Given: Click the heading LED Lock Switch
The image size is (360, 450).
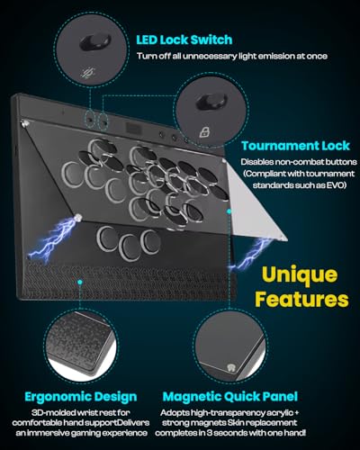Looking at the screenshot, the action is [184, 40].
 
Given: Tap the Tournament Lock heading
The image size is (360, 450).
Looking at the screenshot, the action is [295, 146].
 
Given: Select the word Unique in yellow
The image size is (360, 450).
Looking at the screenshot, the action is [300, 275].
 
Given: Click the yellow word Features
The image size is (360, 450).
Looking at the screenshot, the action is [301, 299].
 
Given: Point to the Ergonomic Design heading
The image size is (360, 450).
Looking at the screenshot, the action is [81, 397].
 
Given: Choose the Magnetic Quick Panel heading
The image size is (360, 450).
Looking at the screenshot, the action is [230, 397].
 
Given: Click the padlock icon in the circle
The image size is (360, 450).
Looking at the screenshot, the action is [204, 131].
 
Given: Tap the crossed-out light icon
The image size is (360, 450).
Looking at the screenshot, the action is [89, 73].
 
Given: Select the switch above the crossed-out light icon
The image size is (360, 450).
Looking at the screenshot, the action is [95, 42].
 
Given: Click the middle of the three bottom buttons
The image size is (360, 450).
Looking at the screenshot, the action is [129, 247].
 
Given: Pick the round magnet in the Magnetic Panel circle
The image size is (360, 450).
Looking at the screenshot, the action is [230, 367].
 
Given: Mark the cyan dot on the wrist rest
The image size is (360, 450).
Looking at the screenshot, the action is [79, 282].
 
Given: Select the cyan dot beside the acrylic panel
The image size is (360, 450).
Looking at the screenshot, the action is [229, 211].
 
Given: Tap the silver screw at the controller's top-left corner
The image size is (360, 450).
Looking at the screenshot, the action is [23, 123].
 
